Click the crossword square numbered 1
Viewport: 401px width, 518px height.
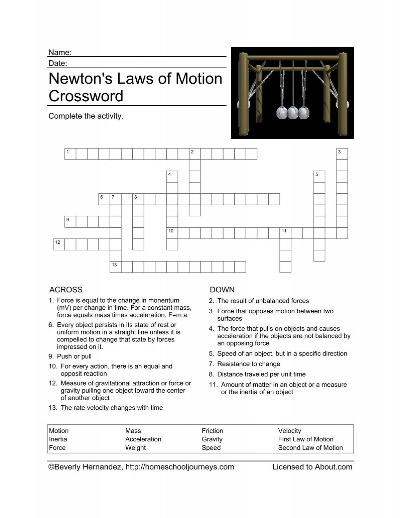(x=70, y=154)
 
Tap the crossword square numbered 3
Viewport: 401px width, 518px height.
(x=342, y=154)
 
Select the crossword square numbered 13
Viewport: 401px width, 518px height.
(x=116, y=267)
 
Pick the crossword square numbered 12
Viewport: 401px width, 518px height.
(x=59, y=244)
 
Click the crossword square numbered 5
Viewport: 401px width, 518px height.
(x=319, y=177)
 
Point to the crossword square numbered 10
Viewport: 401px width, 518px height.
(x=172, y=233)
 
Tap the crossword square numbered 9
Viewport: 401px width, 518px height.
(x=70, y=222)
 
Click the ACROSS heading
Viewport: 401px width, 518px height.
(x=66, y=290)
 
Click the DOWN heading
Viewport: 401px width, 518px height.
(x=222, y=290)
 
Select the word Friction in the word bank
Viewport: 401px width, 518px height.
(x=212, y=431)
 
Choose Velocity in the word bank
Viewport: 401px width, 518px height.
(x=289, y=431)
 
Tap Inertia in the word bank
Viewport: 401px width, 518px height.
(x=58, y=439)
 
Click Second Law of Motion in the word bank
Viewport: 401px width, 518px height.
(x=310, y=447)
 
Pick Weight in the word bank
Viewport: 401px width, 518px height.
(x=135, y=447)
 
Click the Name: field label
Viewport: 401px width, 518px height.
(x=60, y=53)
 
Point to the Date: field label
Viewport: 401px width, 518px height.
(x=58, y=63)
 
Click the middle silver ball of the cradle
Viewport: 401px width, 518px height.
(x=293, y=113)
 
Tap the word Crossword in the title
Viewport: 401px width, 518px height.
(x=86, y=96)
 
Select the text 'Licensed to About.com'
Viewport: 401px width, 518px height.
(x=312, y=467)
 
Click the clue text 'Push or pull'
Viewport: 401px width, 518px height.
(x=74, y=356)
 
